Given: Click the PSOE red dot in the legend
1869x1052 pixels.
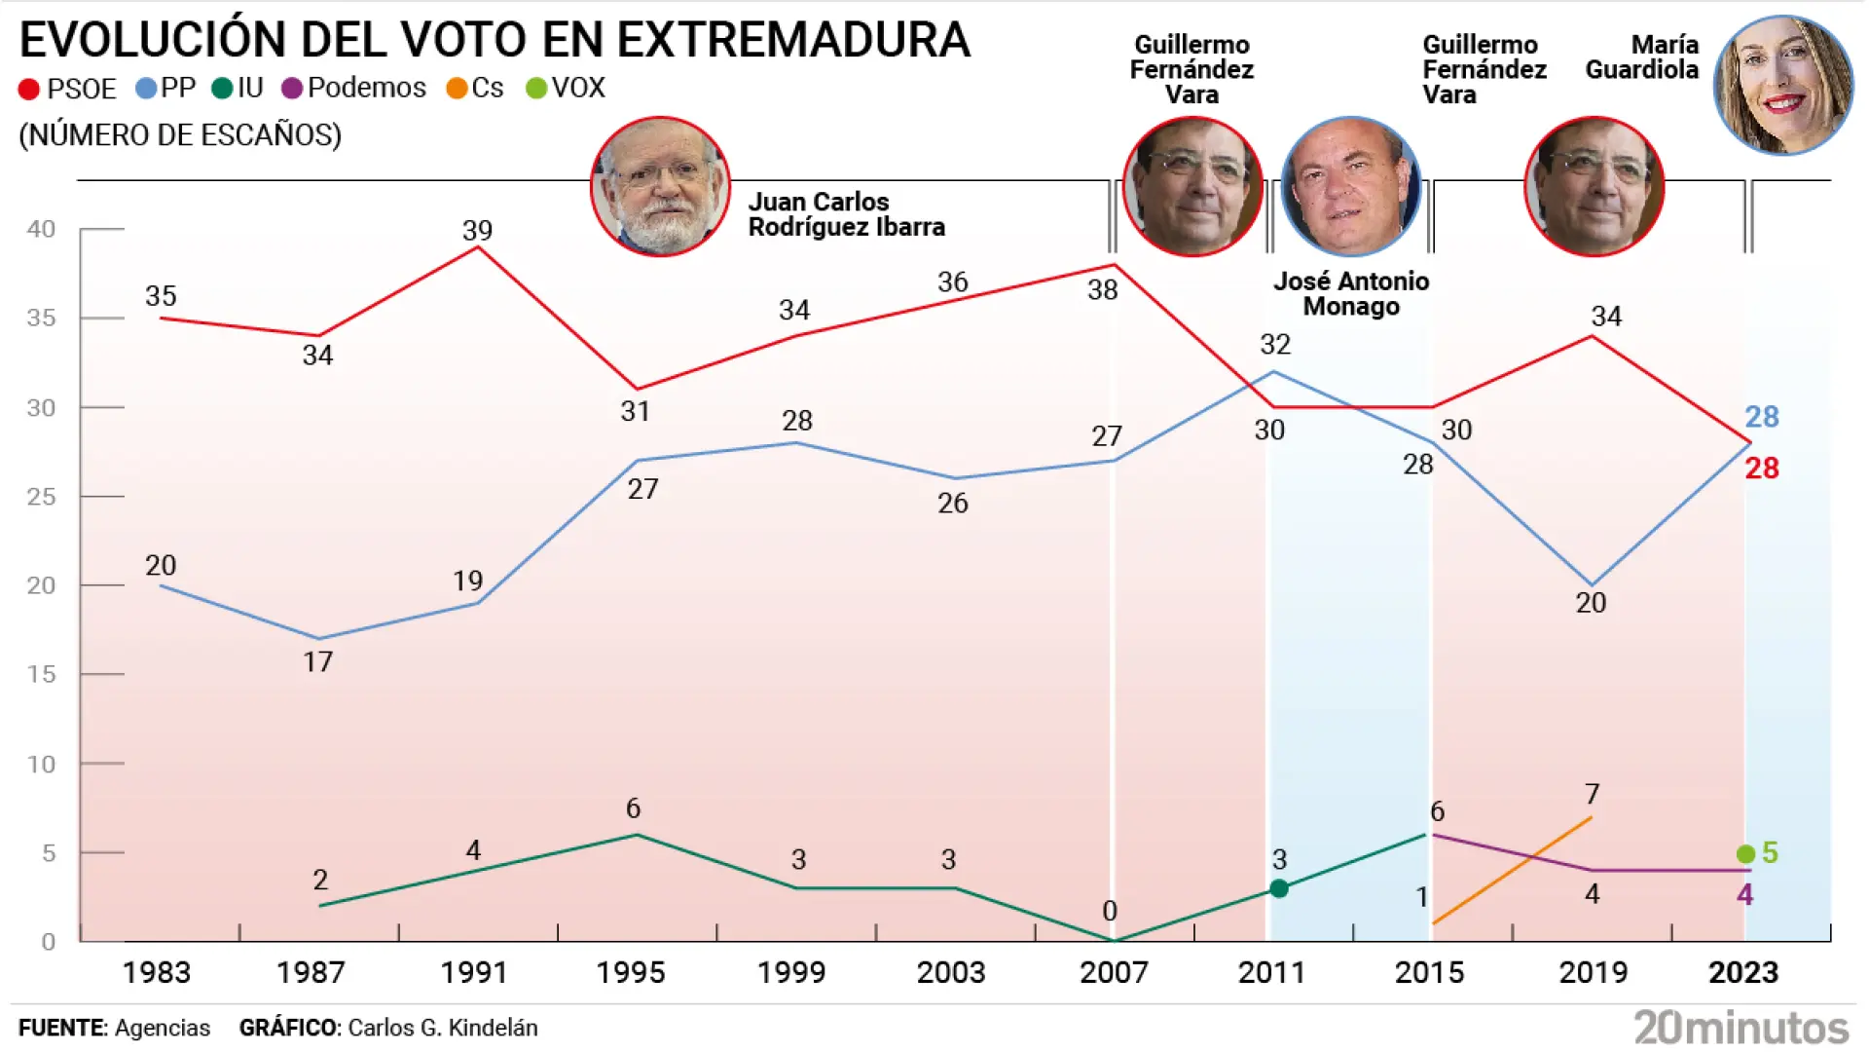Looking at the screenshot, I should pyautogui.click(x=29, y=90).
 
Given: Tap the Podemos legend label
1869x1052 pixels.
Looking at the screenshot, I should pyautogui.click(x=366, y=89).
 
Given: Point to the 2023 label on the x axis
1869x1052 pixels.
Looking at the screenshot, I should pyautogui.click(x=1742, y=972).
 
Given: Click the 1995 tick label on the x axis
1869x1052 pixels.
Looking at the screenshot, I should pyautogui.click(x=630, y=972).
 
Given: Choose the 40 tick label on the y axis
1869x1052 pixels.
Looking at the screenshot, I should pyautogui.click(x=41, y=229).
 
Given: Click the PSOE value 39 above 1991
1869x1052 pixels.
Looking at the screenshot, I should pyautogui.click(x=477, y=231).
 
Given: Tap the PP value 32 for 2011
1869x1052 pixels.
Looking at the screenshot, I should pyautogui.click(x=1274, y=344).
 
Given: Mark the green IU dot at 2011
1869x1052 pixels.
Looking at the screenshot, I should pyautogui.click(x=1279, y=888).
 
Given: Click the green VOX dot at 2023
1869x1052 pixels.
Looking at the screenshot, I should pyautogui.click(x=1745, y=854).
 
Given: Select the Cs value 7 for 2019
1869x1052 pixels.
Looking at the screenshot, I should pyautogui.click(x=1592, y=794).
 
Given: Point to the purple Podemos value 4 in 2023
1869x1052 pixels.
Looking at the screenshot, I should pyautogui.click(x=1744, y=894).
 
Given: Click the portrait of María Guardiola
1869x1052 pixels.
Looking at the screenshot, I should pyautogui.click(x=1782, y=85).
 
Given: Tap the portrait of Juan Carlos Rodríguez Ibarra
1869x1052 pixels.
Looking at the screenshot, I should pyautogui.click(x=660, y=186).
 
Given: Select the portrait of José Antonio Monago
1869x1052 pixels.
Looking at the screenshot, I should pyautogui.click(x=1351, y=186).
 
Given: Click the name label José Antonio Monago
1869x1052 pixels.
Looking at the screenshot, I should pyautogui.click(x=1351, y=294).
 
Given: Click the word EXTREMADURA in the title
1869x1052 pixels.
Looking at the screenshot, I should pyautogui.click(x=793, y=41).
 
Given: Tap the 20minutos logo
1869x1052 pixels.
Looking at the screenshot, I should pyautogui.click(x=1741, y=1028).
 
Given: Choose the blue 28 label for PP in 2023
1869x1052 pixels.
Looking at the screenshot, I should pyautogui.click(x=1761, y=417).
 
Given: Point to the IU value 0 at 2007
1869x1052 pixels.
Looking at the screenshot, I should pyautogui.click(x=1110, y=912).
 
